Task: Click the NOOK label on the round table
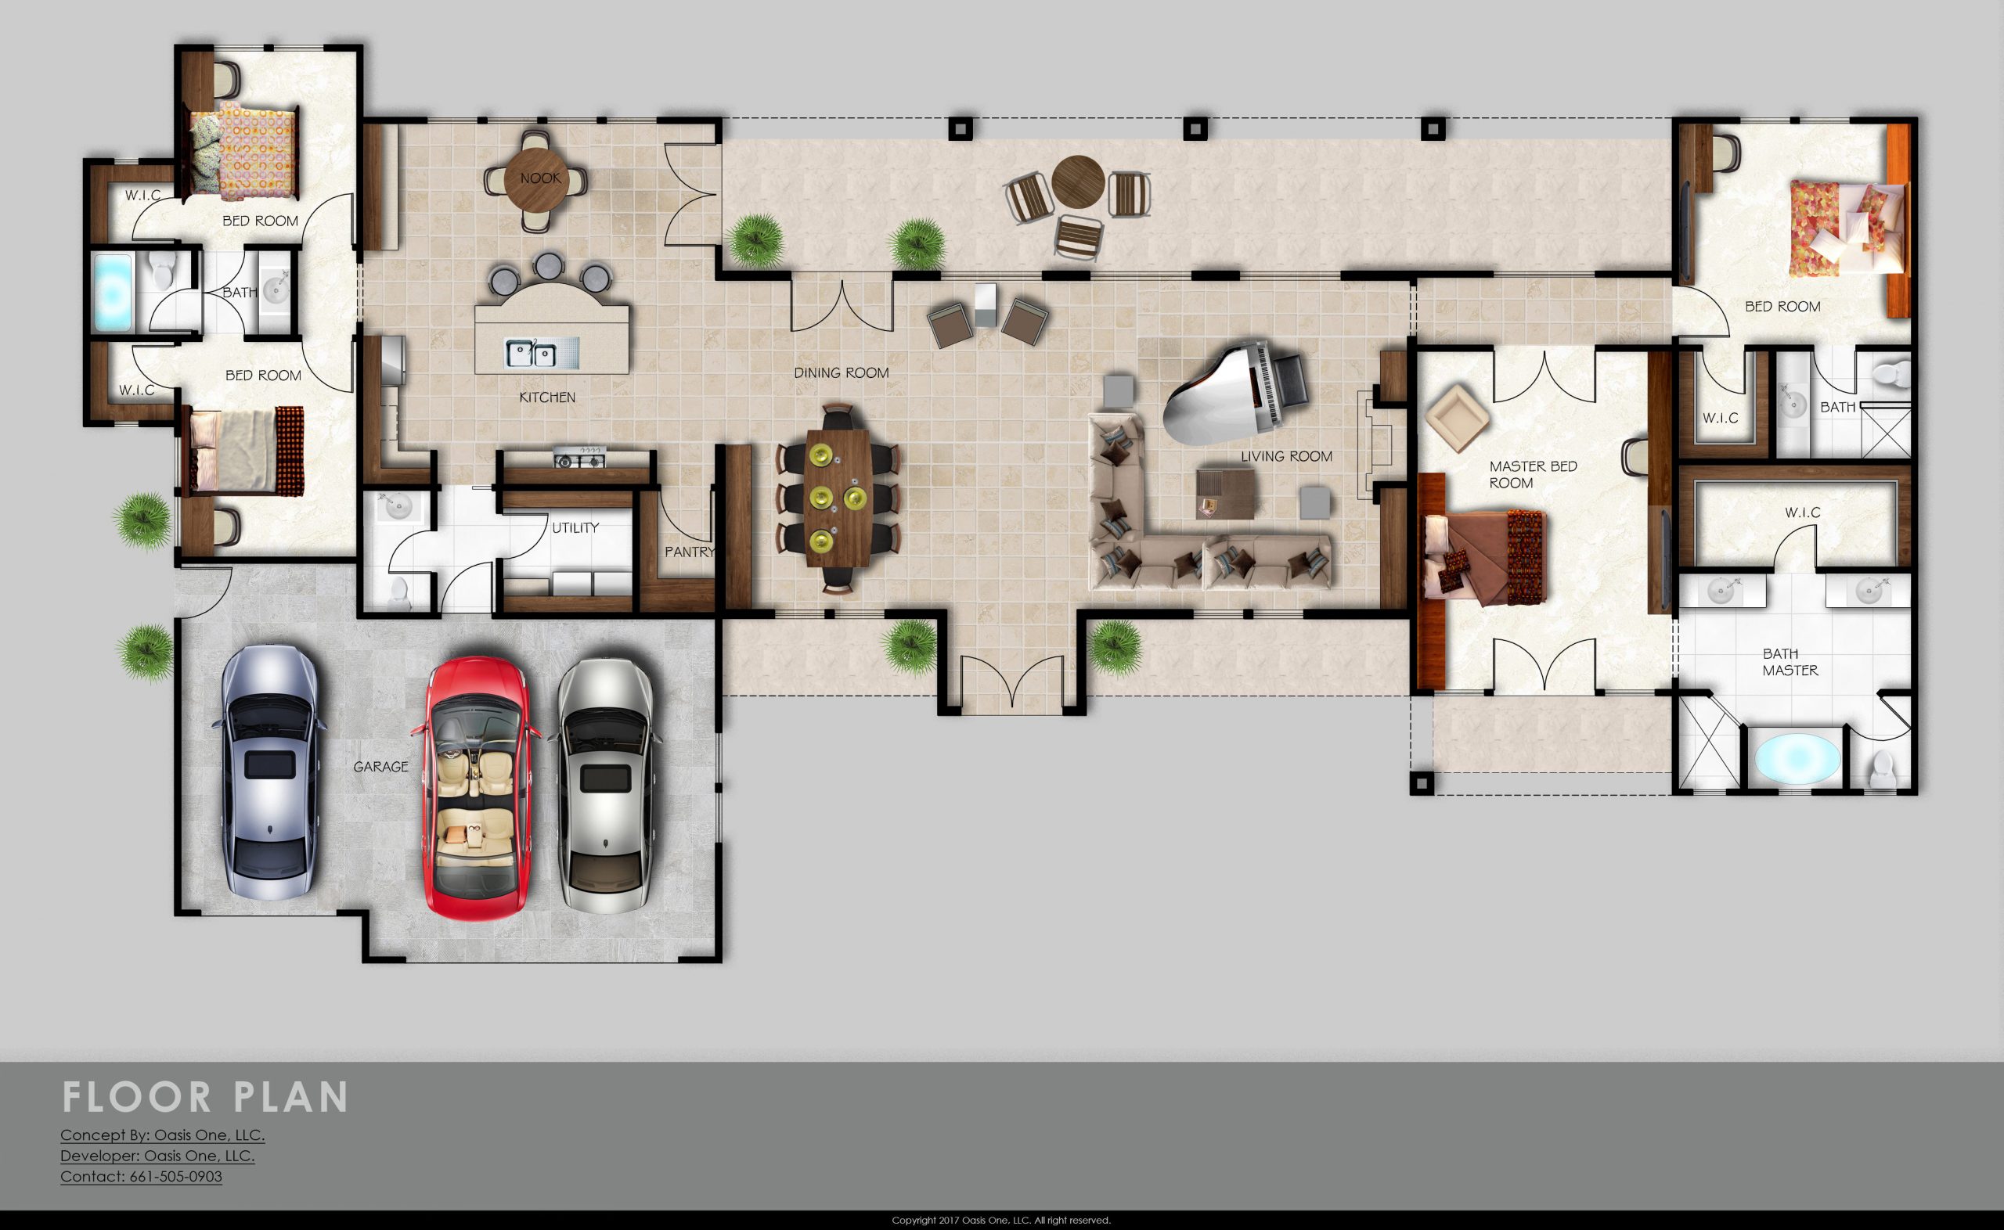tap(540, 178)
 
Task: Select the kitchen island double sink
tap(532, 353)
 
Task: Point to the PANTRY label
tap(690, 552)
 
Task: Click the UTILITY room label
tap(575, 528)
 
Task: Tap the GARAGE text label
tap(380, 766)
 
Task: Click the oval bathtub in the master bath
tap(1797, 758)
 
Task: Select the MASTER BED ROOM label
tap(1533, 474)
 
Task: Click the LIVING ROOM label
tap(1286, 456)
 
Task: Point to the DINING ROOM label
tap(842, 372)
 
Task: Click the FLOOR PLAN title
tap(205, 1098)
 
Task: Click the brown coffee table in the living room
tap(1227, 493)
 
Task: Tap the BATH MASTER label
tap(1790, 661)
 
